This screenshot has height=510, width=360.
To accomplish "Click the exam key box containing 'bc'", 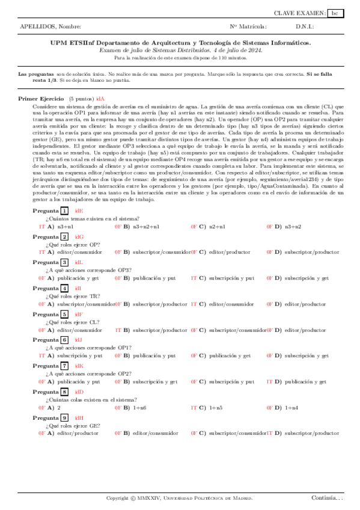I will point(335,13).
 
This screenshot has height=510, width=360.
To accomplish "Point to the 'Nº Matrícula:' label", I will point(248,26).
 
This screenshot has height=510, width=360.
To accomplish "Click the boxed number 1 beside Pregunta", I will point(64,210).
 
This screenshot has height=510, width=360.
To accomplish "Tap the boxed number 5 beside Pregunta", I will point(64,315).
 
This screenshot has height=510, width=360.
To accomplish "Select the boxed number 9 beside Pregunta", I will point(64,418).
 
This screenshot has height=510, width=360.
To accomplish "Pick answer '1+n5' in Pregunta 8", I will point(216,408).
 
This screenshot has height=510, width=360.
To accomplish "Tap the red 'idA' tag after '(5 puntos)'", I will point(100,97).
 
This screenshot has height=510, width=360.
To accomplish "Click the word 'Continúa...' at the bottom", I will point(327,497).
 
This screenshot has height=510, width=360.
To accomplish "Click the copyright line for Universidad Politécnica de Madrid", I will point(179,498).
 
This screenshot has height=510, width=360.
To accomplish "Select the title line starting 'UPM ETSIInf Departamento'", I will point(180,43).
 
